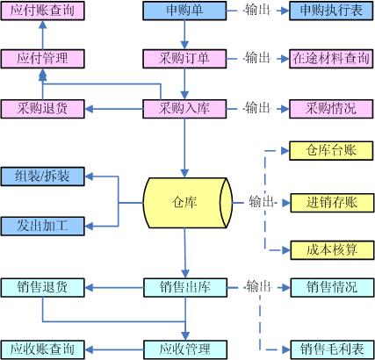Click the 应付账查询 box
[43, 11]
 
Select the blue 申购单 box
[184, 11]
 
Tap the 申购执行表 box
[331, 11]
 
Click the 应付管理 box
[43, 59]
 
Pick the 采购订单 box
[184, 59]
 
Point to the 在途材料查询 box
[331, 59]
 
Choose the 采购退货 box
[43, 109]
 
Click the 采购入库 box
[184, 109]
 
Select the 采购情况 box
[331, 109]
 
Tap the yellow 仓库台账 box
[331, 151]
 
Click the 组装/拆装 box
[43, 176]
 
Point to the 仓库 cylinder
[188, 203]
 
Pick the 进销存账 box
[332, 203]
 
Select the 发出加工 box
[43, 227]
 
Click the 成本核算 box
[332, 250]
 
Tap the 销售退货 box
[43, 288]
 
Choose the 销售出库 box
[185, 288]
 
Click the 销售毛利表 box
[332, 349]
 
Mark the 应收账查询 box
[43, 349]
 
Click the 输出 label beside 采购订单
[257, 58]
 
